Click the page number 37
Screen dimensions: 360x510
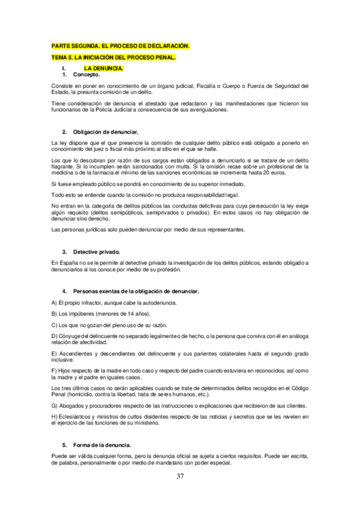tap(180, 476)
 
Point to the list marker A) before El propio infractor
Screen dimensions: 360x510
tap(54, 303)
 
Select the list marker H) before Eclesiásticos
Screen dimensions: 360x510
tap(54, 416)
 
